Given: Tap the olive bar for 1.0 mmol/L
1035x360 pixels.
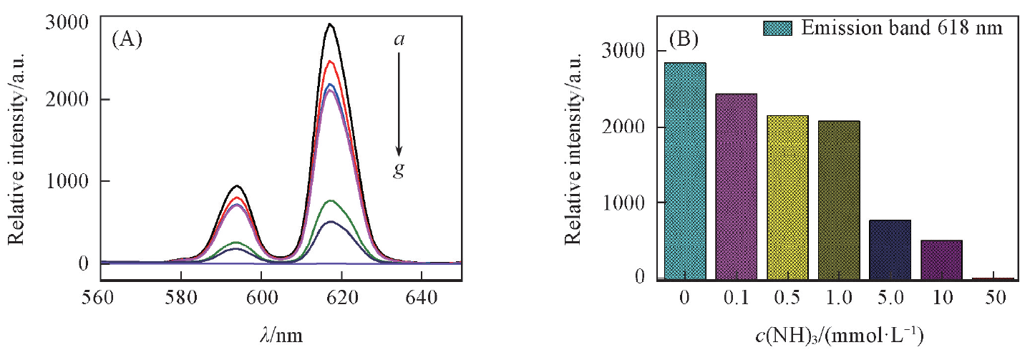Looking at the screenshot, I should coord(837,200).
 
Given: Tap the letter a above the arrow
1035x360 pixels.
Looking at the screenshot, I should coord(399,39).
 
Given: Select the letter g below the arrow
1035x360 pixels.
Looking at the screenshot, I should coord(399,172).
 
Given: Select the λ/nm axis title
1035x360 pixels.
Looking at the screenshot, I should coord(280,334).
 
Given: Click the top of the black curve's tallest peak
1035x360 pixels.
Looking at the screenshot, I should coord(330,24).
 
